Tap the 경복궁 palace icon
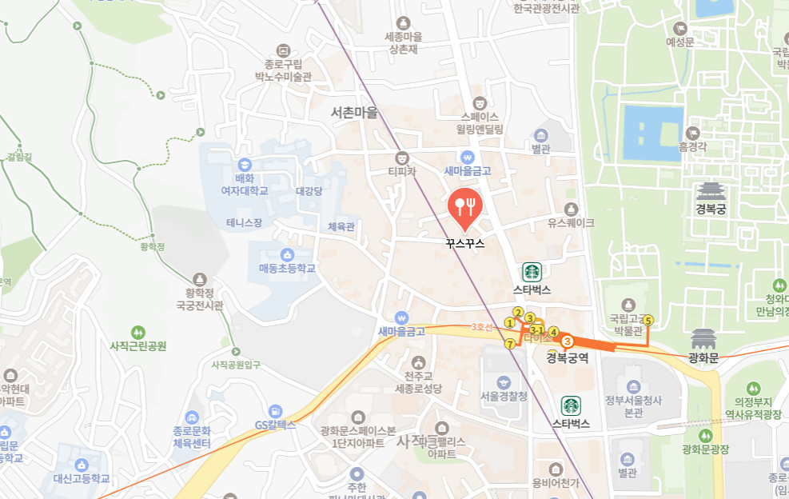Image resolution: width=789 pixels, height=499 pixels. tap(709, 192)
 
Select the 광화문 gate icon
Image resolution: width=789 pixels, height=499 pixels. tap(703, 338)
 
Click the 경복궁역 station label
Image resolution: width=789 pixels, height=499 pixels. tap(568, 358)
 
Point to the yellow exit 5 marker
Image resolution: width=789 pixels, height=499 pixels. tap(648, 320)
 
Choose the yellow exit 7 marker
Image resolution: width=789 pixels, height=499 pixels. tap(510, 344)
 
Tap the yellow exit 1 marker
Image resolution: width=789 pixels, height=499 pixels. tap(509, 323)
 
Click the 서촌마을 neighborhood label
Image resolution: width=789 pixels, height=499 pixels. tap(354, 113)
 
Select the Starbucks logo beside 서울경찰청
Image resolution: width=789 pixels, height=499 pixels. tap(571, 405)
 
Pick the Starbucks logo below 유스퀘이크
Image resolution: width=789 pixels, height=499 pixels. tap(532, 272)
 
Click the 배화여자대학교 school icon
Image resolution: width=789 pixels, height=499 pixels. tap(244, 157)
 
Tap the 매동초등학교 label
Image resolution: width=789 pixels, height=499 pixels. tap(287, 269)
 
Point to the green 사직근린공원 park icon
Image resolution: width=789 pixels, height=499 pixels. tap(138, 331)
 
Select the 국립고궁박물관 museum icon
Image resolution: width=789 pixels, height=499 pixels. tap(628, 305)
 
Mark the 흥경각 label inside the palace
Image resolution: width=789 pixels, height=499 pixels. tap(694, 146)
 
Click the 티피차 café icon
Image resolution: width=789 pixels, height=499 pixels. tap(403, 156)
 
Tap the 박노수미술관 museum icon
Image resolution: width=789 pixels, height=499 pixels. tap(282, 50)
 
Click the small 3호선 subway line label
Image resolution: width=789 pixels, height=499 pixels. tap(480, 326)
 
